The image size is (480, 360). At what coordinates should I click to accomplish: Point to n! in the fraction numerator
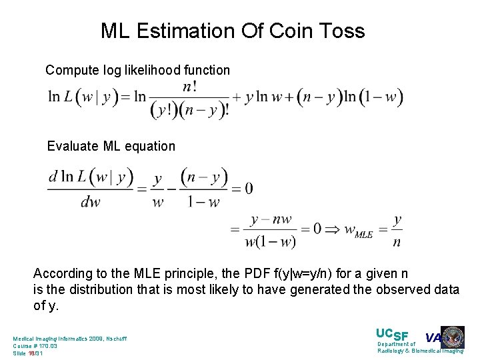click(x=189, y=87)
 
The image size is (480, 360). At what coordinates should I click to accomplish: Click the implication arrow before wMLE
click(x=329, y=229)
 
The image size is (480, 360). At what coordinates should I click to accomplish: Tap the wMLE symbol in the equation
click(x=358, y=231)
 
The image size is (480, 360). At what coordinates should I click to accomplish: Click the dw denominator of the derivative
click(x=90, y=202)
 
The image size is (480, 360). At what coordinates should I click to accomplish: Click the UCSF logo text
click(x=393, y=335)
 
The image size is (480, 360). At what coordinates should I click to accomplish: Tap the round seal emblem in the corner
click(x=453, y=337)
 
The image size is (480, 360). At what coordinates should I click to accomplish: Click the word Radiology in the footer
click(x=395, y=351)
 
